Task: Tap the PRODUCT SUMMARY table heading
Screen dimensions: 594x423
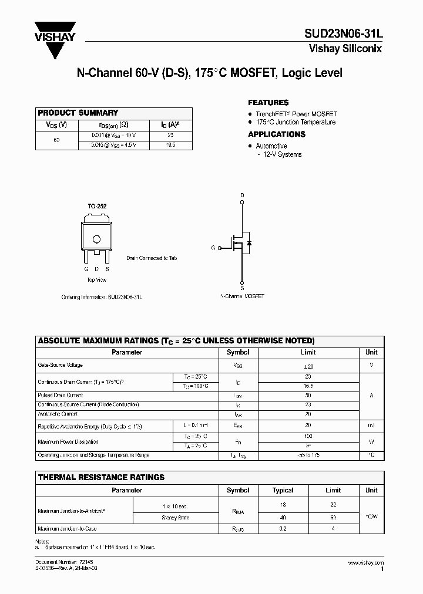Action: pyautogui.click(x=78, y=113)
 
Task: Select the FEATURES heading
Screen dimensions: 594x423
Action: pyautogui.click(x=268, y=102)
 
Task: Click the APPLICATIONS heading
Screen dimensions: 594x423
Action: pyautogui.click(x=276, y=134)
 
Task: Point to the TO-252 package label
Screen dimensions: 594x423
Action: pyautogui.click(x=98, y=207)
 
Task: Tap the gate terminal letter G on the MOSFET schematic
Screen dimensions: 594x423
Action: pyautogui.click(x=213, y=248)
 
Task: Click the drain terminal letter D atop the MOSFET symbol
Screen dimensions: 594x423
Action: pyautogui.click(x=242, y=195)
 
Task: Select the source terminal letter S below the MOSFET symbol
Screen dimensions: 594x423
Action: pyautogui.click(x=242, y=288)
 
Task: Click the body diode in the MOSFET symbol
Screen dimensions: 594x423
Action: pyautogui.click(x=250, y=242)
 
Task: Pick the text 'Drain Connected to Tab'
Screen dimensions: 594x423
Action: pyautogui.click(x=152, y=258)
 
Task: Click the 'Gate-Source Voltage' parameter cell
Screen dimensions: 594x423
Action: pyautogui.click(x=61, y=365)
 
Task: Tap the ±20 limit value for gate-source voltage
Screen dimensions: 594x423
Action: pyautogui.click(x=308, y=366)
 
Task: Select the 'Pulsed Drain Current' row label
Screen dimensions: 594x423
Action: pyautogui.click(x=61, y=396)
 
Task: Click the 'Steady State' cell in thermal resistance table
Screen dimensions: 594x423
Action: pyautogui.click(x=175, y=518)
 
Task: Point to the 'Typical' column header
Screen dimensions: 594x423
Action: pyautogui.click(x=283, y=490)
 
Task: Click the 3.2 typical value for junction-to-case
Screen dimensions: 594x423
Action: pyautogui.click(x=283, y=528)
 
